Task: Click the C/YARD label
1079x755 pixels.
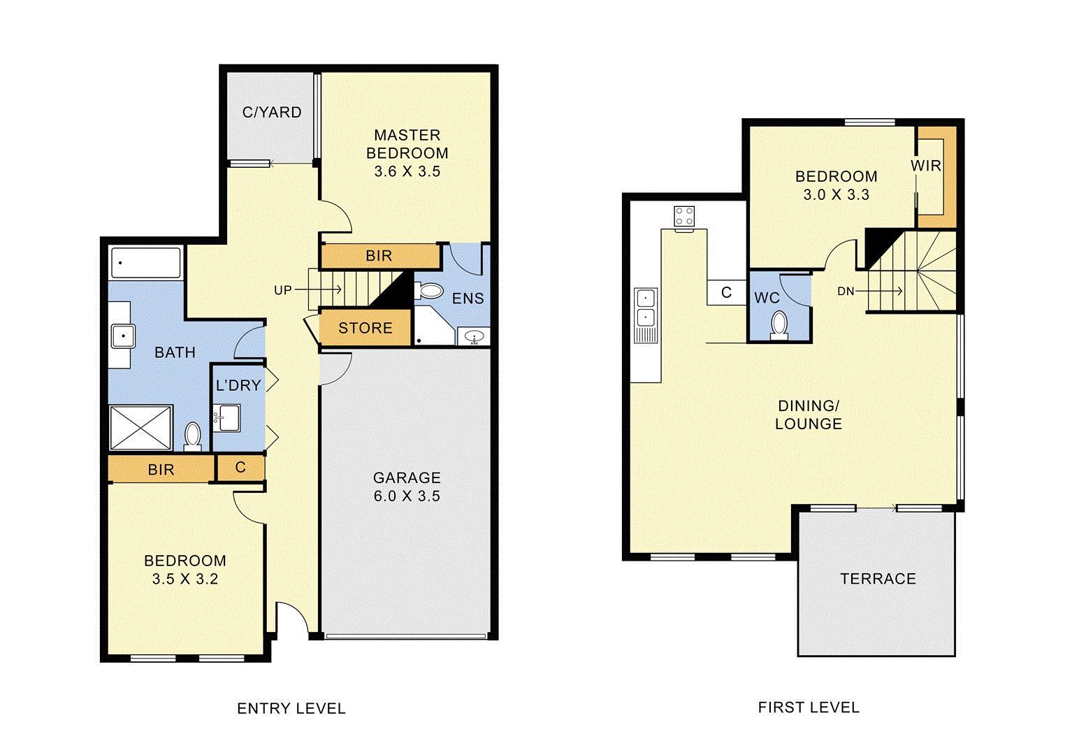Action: [272, 113]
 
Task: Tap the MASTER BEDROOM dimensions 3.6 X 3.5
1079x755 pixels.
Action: [407, 172]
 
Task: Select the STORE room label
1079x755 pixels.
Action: [365, 329]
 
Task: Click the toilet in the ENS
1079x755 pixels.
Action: [430, 291]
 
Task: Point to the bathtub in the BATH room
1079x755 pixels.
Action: [145, 264]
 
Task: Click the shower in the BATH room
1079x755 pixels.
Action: [140, 428]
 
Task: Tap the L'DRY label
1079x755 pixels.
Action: [238, 386]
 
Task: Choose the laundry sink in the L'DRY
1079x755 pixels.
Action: [226, 418]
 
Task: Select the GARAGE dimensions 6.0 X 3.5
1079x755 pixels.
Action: [407, 496]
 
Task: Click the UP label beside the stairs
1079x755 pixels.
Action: [283, 290]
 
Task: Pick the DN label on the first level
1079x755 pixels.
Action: [846, 292]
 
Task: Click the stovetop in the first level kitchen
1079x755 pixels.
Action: [684, 217]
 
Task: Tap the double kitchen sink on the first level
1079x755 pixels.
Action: [645, 315]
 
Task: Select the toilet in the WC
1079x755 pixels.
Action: [779, 325]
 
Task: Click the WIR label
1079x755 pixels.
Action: [926, 166]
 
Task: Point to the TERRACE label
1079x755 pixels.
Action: [878, 579]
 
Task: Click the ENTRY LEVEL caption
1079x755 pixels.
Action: [291, 709]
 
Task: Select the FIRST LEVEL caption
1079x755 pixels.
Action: [809, 707]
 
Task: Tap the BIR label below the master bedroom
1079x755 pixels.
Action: [379, 257]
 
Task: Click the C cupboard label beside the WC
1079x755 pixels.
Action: [726, 293]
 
